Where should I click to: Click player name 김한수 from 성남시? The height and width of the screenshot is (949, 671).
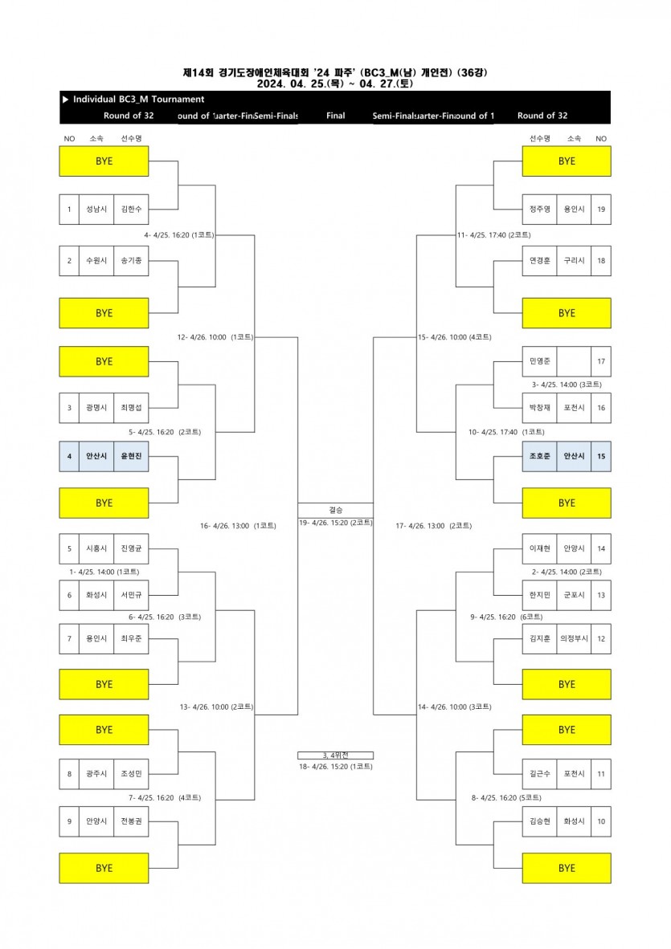tap(131, 209)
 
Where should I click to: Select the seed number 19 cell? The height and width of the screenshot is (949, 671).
tap(601, 209)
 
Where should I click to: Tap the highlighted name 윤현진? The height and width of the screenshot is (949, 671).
tap(131, 456)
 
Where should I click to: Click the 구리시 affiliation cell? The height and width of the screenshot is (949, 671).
tap(573, 261)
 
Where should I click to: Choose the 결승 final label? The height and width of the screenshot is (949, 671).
tap(335, 510)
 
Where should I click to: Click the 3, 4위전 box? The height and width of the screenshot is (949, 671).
tap(335, 755)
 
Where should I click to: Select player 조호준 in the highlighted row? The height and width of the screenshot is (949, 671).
tap(538, 456)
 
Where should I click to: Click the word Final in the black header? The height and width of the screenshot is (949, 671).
tap(335, 116)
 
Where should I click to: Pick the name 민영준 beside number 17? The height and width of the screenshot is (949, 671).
tap(538, 361)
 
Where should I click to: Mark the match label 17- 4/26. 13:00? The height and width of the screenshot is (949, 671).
tap(434, 526)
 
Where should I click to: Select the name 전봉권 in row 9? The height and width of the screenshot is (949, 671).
tap(131, 821)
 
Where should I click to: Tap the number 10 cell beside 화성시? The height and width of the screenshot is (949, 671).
tap(601, 821)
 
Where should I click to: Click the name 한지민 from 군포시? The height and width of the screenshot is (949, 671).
tap(538, 595)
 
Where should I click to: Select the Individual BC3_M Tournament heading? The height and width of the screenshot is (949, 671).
tap(138, 100)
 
